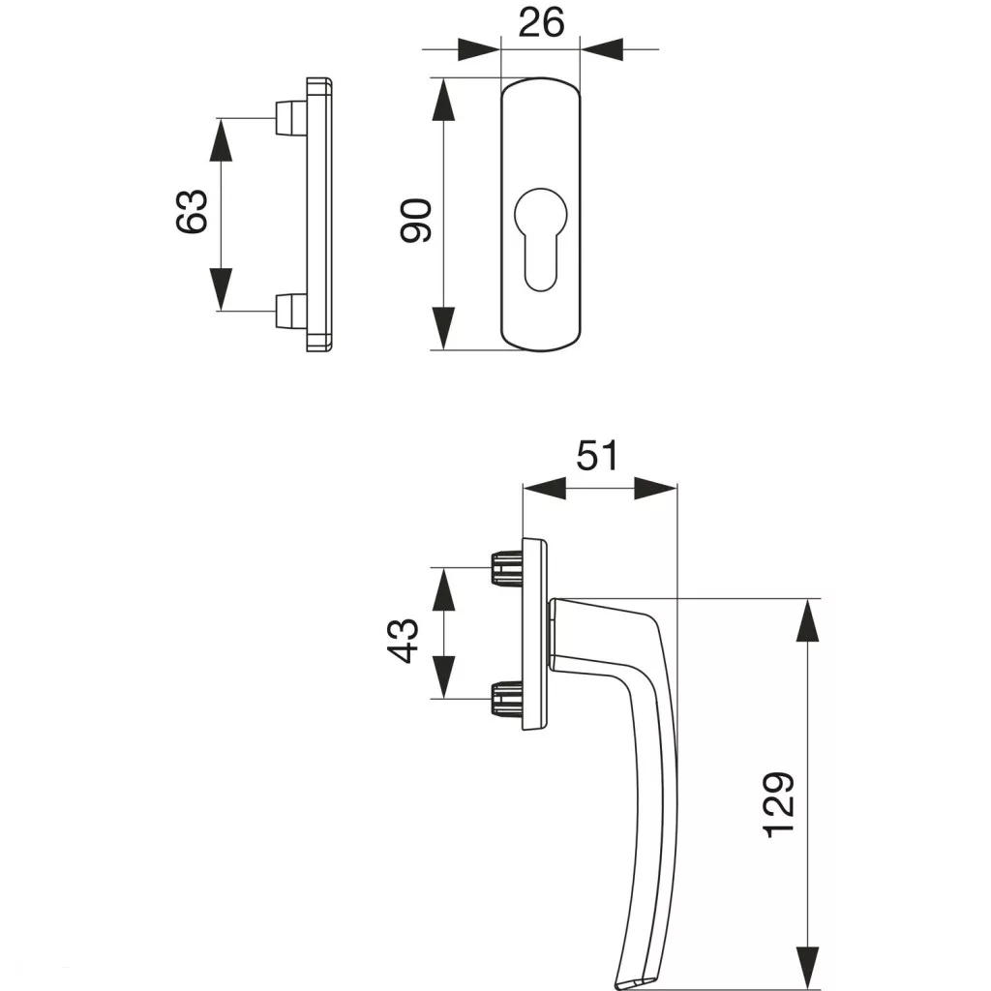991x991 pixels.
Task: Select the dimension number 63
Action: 192,211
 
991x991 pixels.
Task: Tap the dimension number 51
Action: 597,455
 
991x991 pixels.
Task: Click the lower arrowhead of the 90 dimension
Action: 443,327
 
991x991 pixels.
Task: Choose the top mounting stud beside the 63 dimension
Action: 287,118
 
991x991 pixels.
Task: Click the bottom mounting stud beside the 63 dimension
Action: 287,310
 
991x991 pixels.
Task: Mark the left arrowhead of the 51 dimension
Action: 543,489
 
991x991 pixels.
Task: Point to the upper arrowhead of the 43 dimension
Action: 443,587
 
